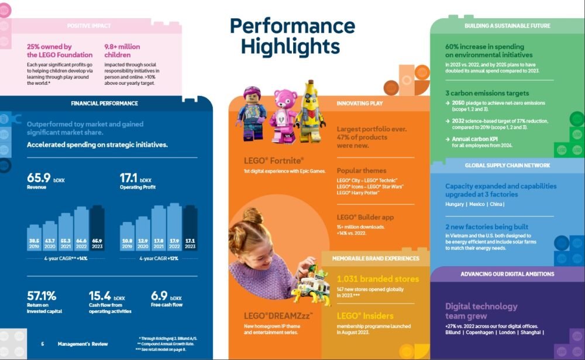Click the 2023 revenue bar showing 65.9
pyautogui.click(x=97, y=228)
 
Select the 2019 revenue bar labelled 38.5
pyautogui.click(x=34, y=237)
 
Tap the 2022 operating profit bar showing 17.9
pyautogui.click(x=174, y=227)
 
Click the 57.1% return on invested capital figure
pyautogui.click(x=42, y=296)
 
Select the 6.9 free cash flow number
pyautogui.click(x=159, y=296)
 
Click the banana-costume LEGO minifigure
pyautogui.click(x=310, y=111)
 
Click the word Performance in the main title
pyautogui.click(x=292, y=26)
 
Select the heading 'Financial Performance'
pyautogui.click(x=104, y=104)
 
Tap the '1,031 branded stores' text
pyautogui.click(x=378, y=279)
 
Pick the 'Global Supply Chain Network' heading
pyautogui.click(x=507, y=166)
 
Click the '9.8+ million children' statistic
pyautogui.click(x=122, y=50)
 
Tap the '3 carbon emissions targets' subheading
pyautogui.click(x=487, y=93)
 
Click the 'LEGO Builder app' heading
pyautogui.click(x=366, y=217)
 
